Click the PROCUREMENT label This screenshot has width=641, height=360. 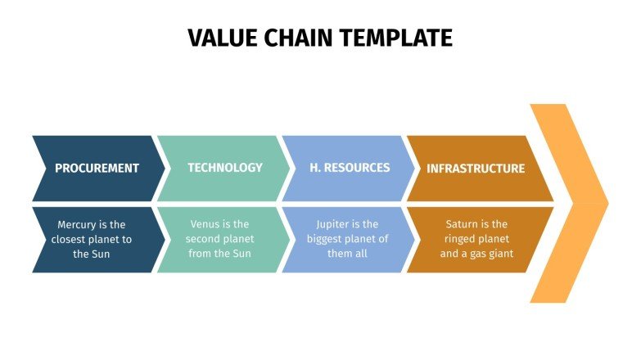(x=97, y=169)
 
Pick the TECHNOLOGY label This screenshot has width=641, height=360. (x=225, y=168)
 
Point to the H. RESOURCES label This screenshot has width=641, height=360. (x=350, y=168)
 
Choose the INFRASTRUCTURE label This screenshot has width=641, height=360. (x=476, y=169)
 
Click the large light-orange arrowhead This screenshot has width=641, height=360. (x=573, y=202)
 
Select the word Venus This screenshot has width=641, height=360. (x=206, y=224)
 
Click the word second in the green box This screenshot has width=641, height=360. (x=202, y=239)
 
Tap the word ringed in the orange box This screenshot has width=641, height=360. (x=462, y=239)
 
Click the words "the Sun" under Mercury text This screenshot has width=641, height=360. (x=92, y=254)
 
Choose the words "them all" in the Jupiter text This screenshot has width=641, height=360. (x=348, y=254)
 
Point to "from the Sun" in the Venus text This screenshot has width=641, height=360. (x=219, y=254)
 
